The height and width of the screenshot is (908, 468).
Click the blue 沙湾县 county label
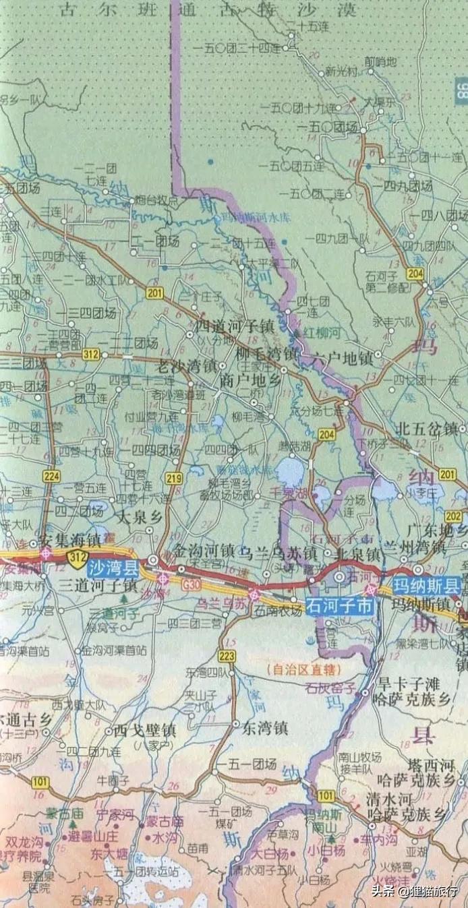pyautogui.click(x=112, y=568)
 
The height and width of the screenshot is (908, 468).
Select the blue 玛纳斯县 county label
pyautogui.click(x=426, y=585)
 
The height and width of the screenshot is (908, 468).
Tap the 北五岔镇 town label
pyautogui.click(x=426, y=428)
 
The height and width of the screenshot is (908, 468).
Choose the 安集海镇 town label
pyautogui.click(x=70, y=539)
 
